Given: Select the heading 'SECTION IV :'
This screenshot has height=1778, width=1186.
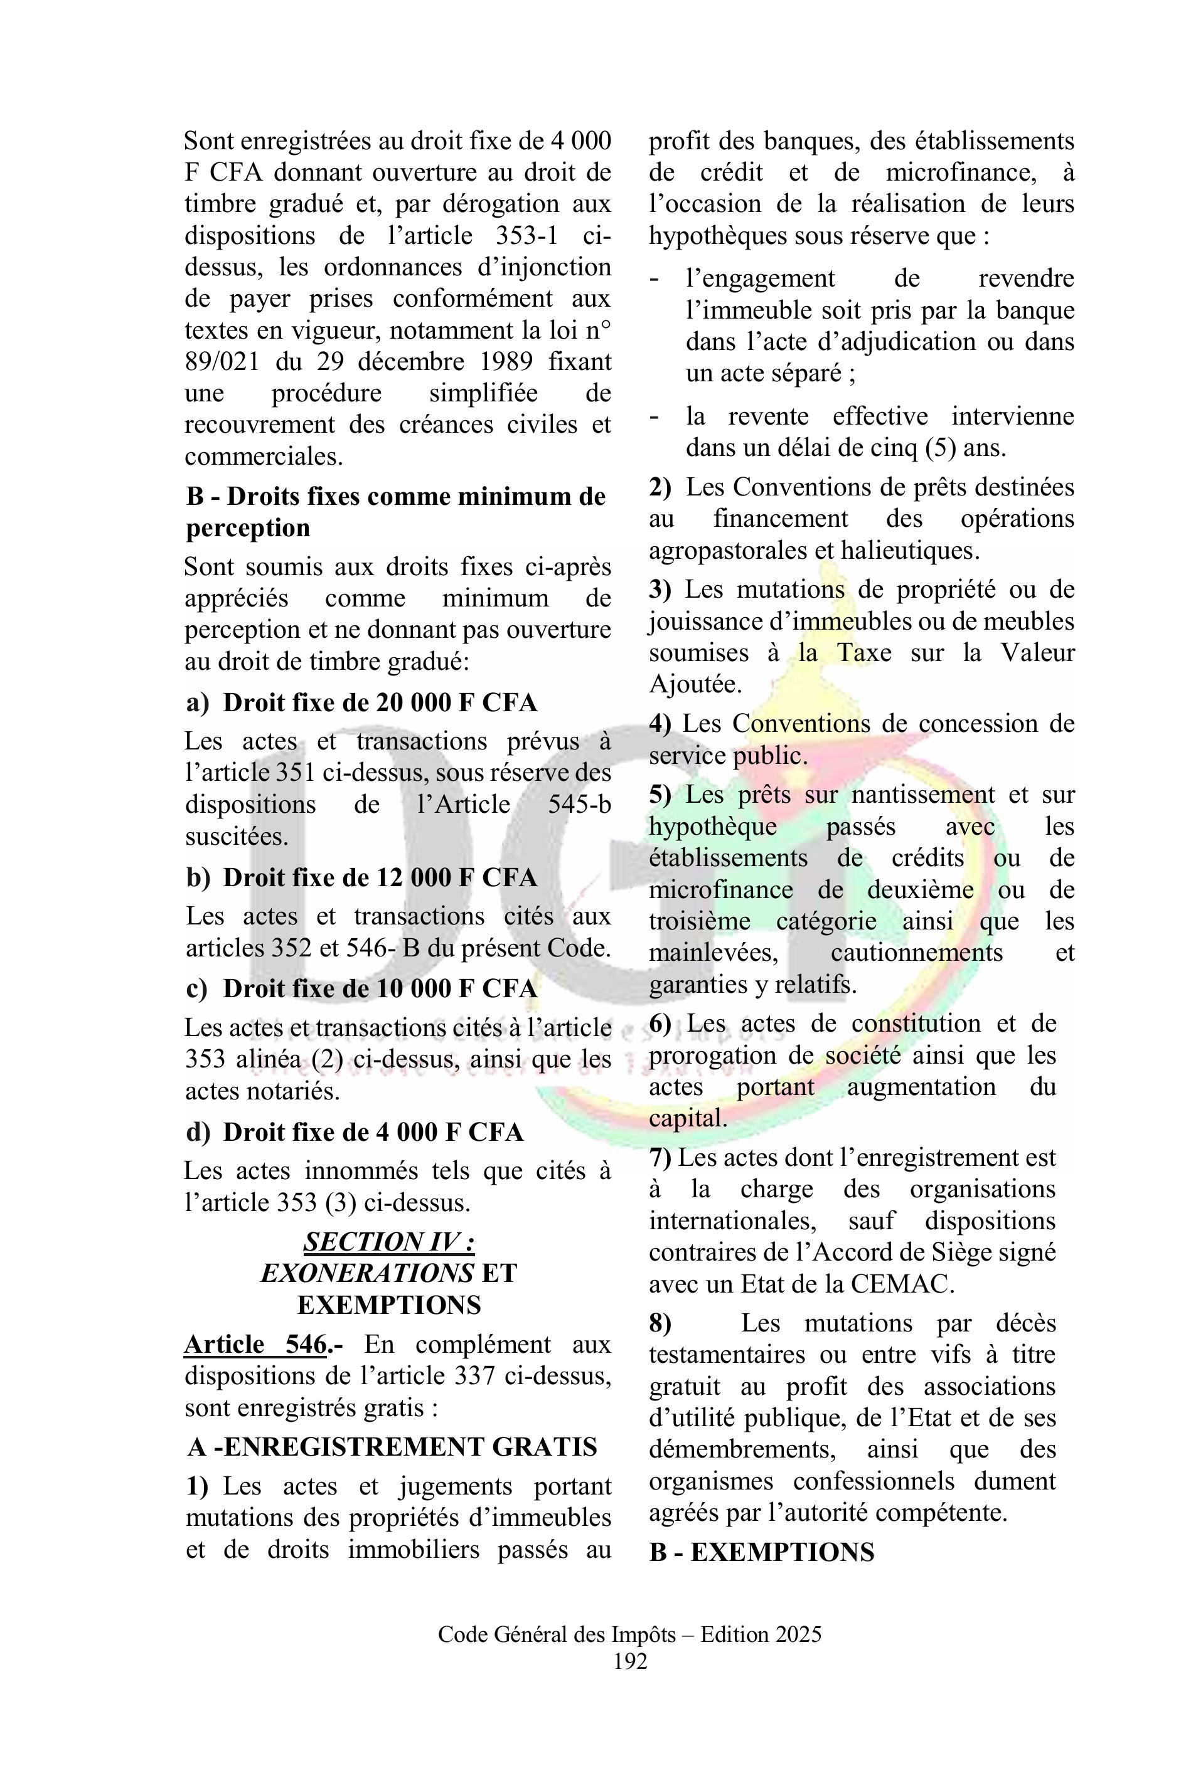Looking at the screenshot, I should [389, 1241].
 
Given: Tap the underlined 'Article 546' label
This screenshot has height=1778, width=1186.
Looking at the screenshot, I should [255, 1344].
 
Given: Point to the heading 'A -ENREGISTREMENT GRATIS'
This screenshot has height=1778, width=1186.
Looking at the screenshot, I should [392, 1446].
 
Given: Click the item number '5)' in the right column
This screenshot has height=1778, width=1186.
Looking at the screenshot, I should [660, 794].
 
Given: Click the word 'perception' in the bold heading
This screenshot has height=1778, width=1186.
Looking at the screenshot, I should [248, 527].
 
